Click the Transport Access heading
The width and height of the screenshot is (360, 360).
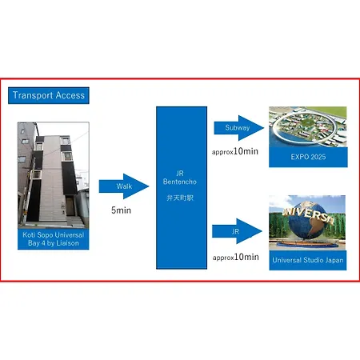[x=49, y=95]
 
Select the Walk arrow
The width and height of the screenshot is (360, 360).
[x=124, y=186]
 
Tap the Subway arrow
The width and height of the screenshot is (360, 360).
[x=239, y=128]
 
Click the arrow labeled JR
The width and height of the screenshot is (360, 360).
[x=237, y=231]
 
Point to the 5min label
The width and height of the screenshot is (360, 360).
[x=121, y=210]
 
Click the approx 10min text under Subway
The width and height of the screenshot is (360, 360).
[x=235, y=151]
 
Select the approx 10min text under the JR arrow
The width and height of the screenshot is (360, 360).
[x=236, y=257]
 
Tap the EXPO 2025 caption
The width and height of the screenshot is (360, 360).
[x=308, y=157]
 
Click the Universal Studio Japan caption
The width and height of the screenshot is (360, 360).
[x=308, y=260]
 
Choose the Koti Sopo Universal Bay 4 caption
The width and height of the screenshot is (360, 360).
[x=54, y=239]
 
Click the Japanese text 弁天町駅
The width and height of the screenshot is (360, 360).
[x=180, y=198]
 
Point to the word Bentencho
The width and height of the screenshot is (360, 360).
[x=180, y=182]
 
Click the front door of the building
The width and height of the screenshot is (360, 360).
[x=70, y=206]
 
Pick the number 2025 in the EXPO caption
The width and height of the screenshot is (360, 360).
[x=318, y=157]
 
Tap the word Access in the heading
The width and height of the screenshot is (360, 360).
[x=70, y=95]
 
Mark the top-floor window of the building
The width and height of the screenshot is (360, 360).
[x=66, y=141]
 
